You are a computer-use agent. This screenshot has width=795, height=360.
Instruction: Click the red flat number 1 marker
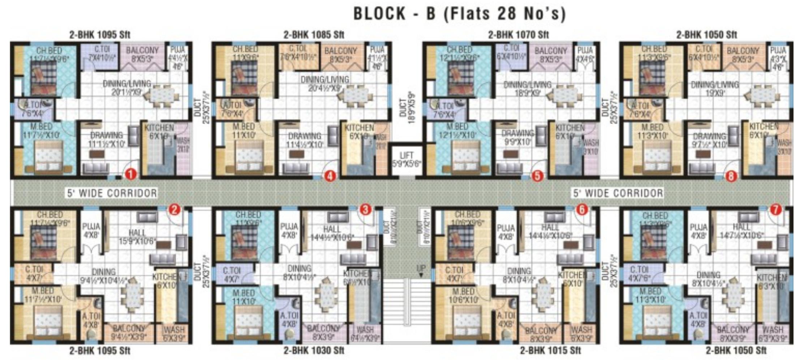(130, 175)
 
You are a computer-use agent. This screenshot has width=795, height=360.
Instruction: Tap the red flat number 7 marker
(775, 209)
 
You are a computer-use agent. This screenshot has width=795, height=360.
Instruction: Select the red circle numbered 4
(330, 176)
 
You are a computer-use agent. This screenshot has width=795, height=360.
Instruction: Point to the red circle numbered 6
(582, 209)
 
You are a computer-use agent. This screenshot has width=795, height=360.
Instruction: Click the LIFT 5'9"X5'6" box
(407, 159)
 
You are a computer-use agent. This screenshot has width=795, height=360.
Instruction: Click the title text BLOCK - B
(395, 14)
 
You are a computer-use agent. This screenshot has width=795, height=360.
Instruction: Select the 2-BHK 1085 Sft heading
(314, 35)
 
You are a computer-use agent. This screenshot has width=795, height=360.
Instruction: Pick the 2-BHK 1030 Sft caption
(314, 350)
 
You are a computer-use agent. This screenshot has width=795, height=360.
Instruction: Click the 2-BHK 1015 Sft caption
(550, 350)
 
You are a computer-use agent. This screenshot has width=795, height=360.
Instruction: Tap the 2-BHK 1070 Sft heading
(518, 35)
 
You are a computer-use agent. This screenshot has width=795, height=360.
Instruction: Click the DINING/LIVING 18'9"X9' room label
(527, 89)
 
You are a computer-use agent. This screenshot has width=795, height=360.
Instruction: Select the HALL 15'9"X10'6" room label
(137, 235)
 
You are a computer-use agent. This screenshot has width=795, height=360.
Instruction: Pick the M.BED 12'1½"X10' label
(457, 131)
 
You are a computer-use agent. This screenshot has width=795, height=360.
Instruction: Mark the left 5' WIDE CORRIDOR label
(112, 193)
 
